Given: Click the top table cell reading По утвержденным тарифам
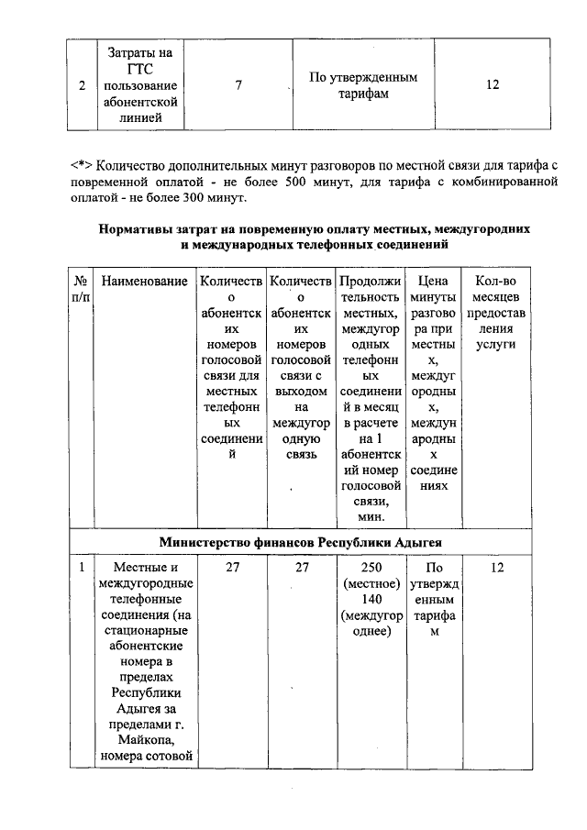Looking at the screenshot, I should [x=363, y=85].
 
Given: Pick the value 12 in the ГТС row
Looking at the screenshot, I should [x=493, y=85].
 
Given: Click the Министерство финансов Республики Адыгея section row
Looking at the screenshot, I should [x=299, y=541].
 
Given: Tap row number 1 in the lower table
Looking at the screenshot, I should [x=81, y=569].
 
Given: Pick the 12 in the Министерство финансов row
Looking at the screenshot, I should [x=496, y=569].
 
